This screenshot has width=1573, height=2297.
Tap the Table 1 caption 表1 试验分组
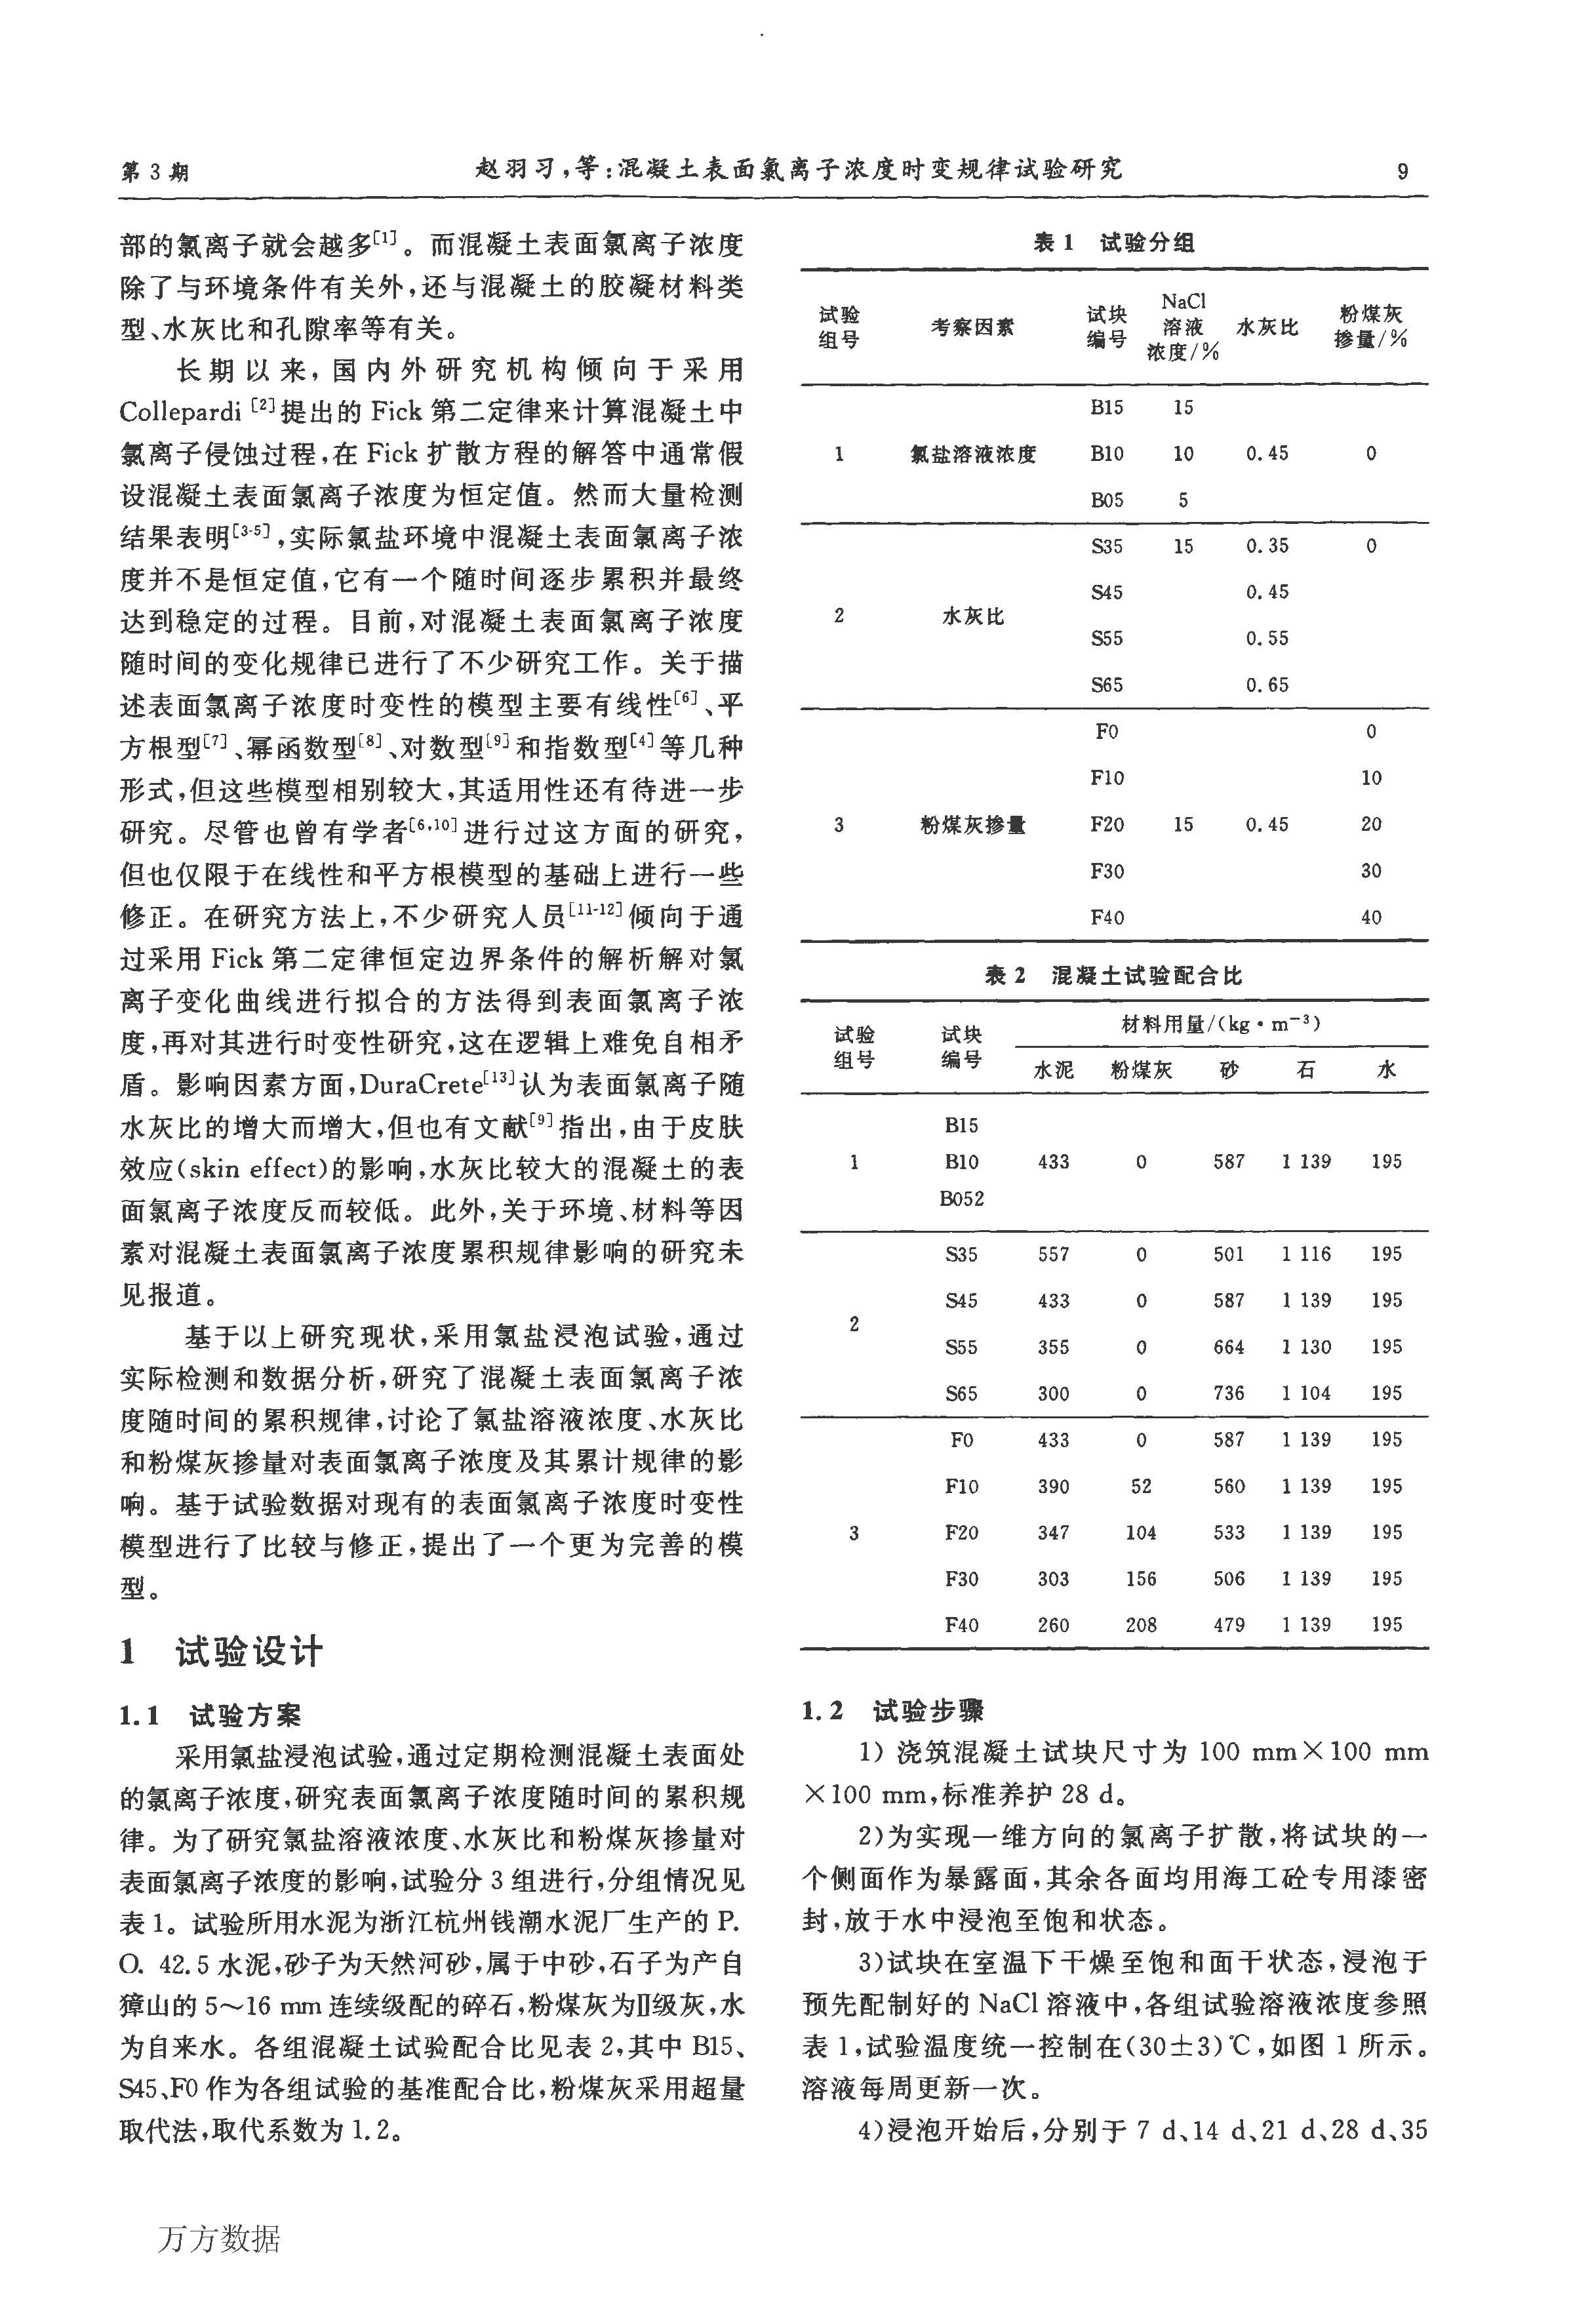pyautogui.click(x=1113, y=242)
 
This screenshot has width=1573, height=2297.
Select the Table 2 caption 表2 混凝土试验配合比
pyautogui.click(x=1113, y=976)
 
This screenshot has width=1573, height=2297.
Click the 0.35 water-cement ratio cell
pyautogui.click(x=1267, y=546)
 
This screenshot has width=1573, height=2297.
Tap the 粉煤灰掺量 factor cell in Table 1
pyautogui.click(x=972, y=824)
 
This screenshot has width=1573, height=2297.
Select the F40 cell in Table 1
pyautogui.click(x=1107, y=917)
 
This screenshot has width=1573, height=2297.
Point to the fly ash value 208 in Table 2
pyautogui.click(x=1140, y=1625)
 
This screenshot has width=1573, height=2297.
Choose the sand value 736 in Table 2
pyautogui.click(x=1229, y=1393)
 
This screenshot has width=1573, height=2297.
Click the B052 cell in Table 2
pyautogui.click(x=961, y=1199)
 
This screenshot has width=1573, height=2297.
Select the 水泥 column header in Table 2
pyautogui.click(x=1053, y=1070)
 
